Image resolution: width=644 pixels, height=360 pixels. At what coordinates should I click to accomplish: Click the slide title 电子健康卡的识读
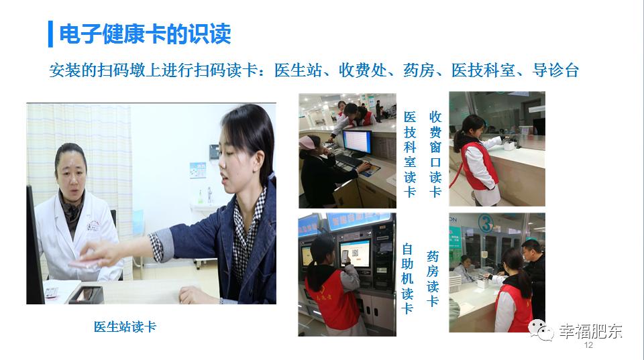pos(145,34)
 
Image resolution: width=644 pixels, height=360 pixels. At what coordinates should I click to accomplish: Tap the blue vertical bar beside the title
pos(50,34)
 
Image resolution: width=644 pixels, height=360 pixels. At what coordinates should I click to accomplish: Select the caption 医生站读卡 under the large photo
pos(125,327)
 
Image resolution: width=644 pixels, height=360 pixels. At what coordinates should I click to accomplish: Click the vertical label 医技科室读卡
pos(410,155)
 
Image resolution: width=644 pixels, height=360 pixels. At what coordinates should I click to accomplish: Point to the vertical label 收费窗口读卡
pos(435,155)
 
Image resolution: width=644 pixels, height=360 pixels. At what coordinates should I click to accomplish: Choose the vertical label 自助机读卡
pos(407,278)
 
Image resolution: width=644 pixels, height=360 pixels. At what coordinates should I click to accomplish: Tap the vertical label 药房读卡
pos(433,278)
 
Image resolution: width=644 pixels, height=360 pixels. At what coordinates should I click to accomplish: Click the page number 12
pos(589,345)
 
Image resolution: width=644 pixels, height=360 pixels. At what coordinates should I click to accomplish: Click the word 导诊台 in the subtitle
pos(555,70)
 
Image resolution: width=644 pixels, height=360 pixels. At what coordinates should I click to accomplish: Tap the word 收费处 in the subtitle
pos(364,70)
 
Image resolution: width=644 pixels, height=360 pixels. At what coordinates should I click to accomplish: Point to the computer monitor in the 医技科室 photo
pos(356,141)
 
